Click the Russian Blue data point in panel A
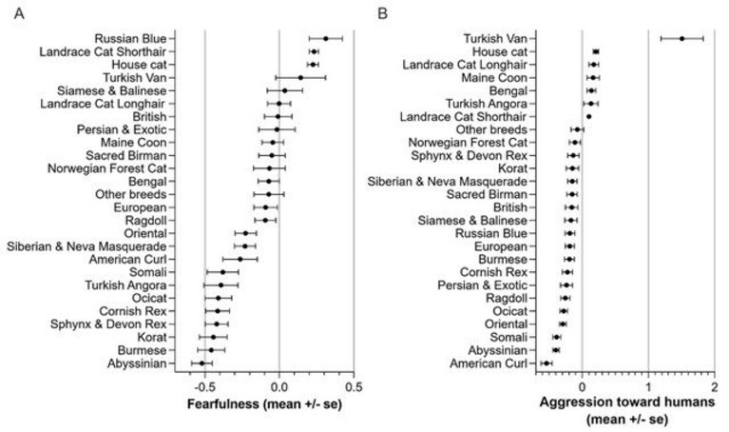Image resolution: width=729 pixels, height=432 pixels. [x=326, y=39]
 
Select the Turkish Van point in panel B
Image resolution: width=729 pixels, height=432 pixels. [x=681, y=39]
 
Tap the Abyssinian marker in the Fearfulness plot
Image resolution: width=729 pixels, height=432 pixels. [x=201, y=363]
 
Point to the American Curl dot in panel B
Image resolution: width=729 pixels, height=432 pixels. [x=547, y=363]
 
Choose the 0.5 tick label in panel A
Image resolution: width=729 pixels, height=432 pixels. [x=354, y=387]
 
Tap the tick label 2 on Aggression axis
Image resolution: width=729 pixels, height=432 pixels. [x=715, y=387]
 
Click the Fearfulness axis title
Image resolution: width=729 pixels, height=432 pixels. [x=264, y=403]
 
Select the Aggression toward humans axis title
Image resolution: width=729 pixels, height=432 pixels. [x=627, y=410]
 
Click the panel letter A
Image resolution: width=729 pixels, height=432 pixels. [x=19, y=13]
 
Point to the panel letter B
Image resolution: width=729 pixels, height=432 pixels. [x=382, y=13]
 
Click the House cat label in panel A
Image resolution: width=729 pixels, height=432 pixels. [x=139, y=65]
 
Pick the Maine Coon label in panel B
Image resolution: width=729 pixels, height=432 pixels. [x=494, y=78]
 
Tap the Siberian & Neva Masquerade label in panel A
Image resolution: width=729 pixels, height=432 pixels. [x=86, y=246]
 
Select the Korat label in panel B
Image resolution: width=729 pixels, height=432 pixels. [x=513, y=168]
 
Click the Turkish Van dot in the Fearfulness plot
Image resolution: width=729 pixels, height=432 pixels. [x=300, y=78]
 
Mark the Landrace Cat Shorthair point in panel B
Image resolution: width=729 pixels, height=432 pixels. [x=588, y=116]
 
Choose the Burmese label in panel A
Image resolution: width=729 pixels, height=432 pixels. [x=142, y=350]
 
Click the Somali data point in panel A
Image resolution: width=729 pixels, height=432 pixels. [x=222, y=272]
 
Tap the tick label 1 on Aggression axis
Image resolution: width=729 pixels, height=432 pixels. [x=648, y=387]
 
